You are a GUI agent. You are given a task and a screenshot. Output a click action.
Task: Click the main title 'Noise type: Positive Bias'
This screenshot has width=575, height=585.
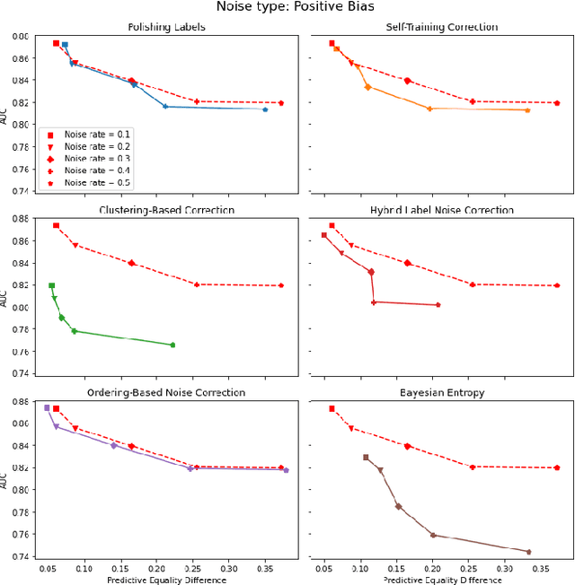[287, 7]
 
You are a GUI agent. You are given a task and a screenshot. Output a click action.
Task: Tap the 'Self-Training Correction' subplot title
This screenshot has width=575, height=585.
[441, 27]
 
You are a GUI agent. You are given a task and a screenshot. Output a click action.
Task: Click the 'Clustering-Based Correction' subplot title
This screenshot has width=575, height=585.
[166, 210]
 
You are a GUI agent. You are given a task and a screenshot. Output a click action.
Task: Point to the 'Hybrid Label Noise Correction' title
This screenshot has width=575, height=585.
[441, 210]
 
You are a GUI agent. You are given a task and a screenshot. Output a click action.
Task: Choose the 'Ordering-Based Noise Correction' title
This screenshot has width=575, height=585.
[166, 393]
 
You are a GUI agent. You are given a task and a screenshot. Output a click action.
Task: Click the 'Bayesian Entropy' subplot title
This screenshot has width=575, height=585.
[441, 393]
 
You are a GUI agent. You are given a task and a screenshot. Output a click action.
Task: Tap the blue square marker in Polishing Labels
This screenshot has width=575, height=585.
[65, 45]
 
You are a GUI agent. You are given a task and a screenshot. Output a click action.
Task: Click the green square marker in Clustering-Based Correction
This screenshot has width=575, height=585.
[51, 286]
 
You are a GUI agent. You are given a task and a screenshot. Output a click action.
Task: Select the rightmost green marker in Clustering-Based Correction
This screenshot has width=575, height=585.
[172, 345]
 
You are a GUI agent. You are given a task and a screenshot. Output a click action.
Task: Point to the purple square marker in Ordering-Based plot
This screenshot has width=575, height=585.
[47, 407]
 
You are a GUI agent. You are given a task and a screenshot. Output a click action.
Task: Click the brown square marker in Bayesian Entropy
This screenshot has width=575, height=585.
[366, 458]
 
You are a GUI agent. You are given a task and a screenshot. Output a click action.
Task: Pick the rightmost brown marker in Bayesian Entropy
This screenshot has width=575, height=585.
[528, 552]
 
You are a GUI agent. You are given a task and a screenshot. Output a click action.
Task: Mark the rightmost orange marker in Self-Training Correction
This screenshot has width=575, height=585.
[527, 109]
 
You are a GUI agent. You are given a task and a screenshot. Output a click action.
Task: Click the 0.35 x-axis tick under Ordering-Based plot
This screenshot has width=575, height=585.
[265, 569]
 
